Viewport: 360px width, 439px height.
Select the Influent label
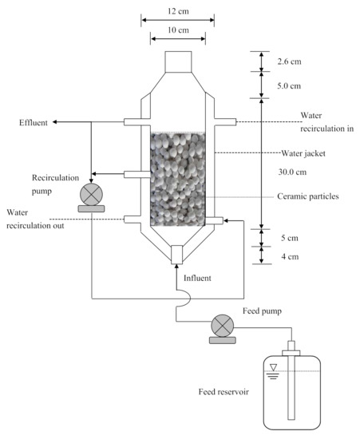198,278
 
